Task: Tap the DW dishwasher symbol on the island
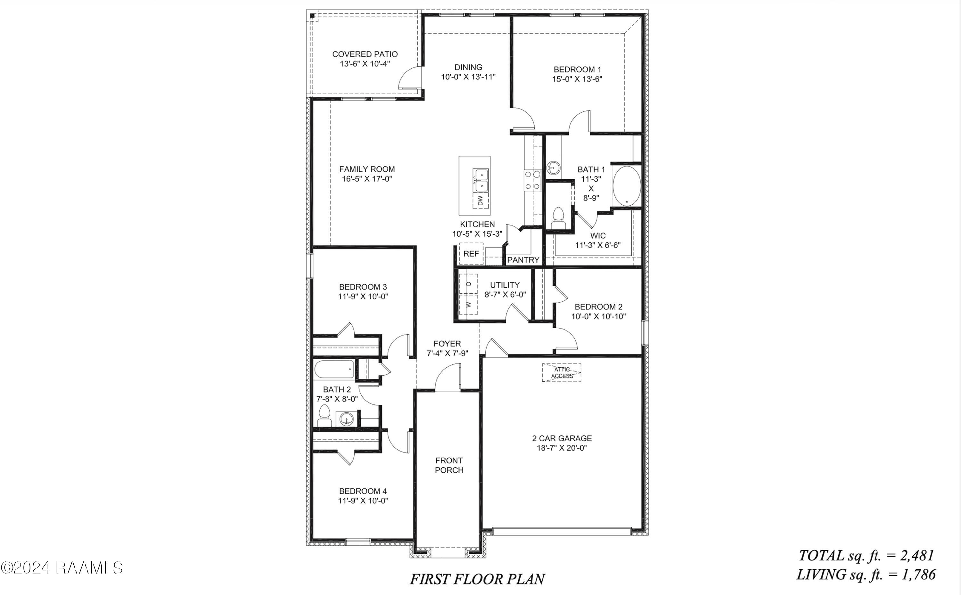[480, 201]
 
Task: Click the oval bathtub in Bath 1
[627, 186]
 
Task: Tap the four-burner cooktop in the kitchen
[532, 180]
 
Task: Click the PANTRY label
[523, 260]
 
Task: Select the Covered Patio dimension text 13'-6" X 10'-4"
[365, 64]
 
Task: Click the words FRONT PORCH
[449, 465]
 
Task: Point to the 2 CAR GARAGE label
[562, 438]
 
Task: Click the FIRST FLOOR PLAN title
[477, 579]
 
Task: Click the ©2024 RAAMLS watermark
[62, 567]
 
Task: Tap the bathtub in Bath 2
[334, 369]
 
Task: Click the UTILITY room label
[505, 285]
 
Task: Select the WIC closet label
[598, 236]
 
